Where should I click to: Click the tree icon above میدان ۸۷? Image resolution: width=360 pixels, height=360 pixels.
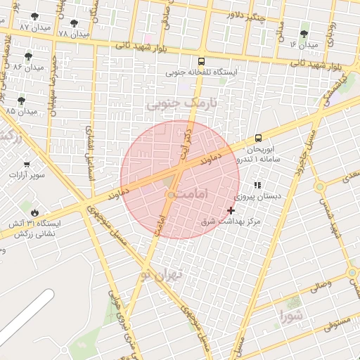point(35,16)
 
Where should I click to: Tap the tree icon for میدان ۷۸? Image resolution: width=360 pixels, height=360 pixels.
point(74,23)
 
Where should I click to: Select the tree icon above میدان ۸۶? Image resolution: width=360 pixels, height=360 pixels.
point(28,56)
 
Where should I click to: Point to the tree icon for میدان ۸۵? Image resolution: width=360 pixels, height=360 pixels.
point(21,101)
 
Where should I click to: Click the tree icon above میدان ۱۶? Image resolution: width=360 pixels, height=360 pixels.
point(304,34)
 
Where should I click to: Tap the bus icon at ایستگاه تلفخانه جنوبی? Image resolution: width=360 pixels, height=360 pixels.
point(202,61)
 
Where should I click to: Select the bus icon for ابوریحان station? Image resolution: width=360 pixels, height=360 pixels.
point(258,138)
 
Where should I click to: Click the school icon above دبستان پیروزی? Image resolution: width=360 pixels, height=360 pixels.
point(257,186)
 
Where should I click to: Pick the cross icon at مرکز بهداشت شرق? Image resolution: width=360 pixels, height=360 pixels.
point(231,210)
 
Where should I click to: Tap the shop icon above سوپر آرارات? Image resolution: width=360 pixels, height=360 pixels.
point(27,164)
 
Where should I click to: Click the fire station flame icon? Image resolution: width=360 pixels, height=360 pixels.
point(34,212)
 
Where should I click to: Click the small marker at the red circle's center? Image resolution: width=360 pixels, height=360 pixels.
point(170,195)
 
